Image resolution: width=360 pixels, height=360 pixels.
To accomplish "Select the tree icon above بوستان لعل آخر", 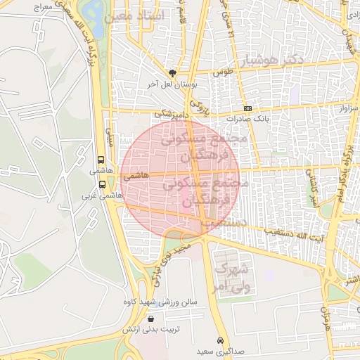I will click(173, 72).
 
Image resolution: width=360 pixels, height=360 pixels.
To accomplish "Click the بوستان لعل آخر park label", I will click(173, 84).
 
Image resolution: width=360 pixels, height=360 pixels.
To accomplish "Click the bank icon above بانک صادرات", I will click(247, 108).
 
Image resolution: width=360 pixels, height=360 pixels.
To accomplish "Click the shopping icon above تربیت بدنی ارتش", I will click(152, 319).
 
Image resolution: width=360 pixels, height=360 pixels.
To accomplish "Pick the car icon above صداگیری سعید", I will click(220, 339).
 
